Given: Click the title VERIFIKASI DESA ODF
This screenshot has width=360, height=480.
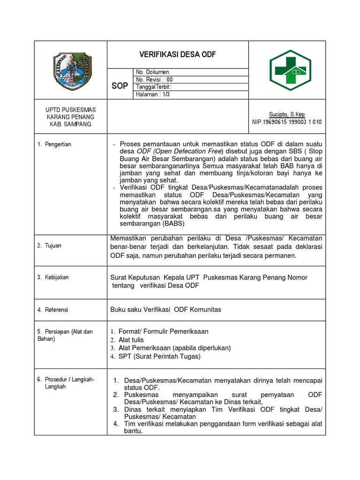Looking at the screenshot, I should point(178,54).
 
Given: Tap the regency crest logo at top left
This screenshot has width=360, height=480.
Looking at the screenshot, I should point(71,70).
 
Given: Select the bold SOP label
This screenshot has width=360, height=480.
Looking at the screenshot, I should point(120,87).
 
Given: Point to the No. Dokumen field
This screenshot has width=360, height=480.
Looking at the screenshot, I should point(152,72).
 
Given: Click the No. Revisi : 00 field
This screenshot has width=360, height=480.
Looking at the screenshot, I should point(154,80).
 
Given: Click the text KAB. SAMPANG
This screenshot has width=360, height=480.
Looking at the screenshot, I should point(70,124).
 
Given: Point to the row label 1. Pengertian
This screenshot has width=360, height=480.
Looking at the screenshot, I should point(54,144).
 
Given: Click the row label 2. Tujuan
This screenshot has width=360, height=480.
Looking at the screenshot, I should point(50,246).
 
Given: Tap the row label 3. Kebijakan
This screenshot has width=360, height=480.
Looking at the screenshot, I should point(53,277).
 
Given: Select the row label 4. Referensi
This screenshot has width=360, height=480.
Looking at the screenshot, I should point(53,310).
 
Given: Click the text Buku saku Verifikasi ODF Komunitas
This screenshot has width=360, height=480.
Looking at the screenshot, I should point(165,309).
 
